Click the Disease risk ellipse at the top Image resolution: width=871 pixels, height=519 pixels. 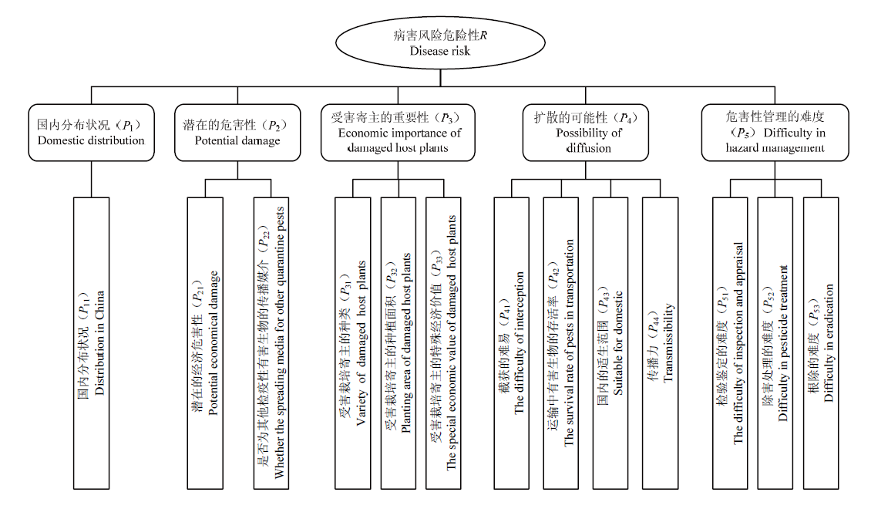pos(440,42)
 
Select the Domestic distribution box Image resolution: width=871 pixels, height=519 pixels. pos(91,133)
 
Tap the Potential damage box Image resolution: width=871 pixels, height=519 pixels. pos(237,133)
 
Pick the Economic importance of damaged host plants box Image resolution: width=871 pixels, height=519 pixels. pos(398,133)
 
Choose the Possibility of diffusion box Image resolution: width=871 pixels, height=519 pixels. pos(586,133)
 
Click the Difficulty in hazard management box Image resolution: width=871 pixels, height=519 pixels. pos(775,133)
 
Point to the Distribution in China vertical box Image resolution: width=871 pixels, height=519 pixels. pos(91,343)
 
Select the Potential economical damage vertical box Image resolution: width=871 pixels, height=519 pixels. pos(205,343)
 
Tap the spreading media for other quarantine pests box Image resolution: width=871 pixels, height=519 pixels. pos(271,343)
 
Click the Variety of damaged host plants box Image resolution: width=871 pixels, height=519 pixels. pos(353,343)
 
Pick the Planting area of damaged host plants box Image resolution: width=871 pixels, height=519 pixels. pos(399,343)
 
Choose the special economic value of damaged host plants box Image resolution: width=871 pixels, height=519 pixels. pos(443,343)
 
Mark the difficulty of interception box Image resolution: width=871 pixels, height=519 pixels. pos(512,343)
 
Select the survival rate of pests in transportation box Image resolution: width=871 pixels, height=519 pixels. pos(561,343)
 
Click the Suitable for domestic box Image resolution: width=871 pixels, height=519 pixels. pos(610,343)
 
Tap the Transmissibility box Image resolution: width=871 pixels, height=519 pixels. pos(660,343)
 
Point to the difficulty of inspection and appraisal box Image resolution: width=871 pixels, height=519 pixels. pos(731,343)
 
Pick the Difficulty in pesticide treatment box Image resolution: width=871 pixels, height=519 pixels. pos(775,343)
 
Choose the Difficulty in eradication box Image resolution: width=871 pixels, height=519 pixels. pos(821,343)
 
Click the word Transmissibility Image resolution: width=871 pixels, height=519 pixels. pos(668,342)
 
